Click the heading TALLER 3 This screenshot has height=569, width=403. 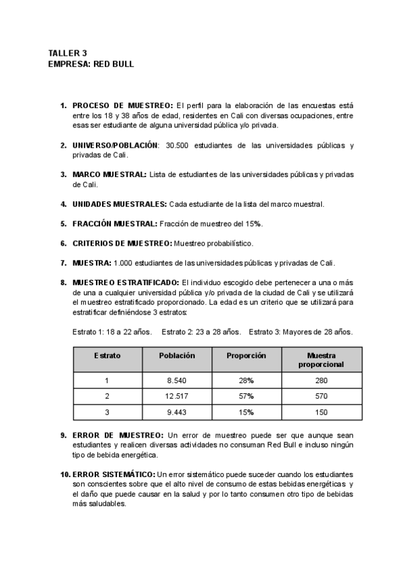(68, 52)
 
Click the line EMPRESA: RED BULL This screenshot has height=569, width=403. (91, 64)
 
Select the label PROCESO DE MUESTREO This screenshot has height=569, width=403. (123, 105)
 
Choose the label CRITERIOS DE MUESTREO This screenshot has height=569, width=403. (122, 243)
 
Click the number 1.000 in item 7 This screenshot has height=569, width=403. (124, 262)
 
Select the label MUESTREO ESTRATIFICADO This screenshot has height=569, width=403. (126, 282)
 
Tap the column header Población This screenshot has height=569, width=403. (177, 356)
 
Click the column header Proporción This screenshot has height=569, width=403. (247, 356)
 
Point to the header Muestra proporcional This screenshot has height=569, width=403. (321, 360)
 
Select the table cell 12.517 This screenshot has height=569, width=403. (177, 397)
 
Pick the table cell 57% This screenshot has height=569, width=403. (247, 397)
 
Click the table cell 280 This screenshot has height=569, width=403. (321, 380)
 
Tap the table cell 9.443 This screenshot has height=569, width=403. (177, 412)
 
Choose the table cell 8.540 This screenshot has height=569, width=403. (177, 380)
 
